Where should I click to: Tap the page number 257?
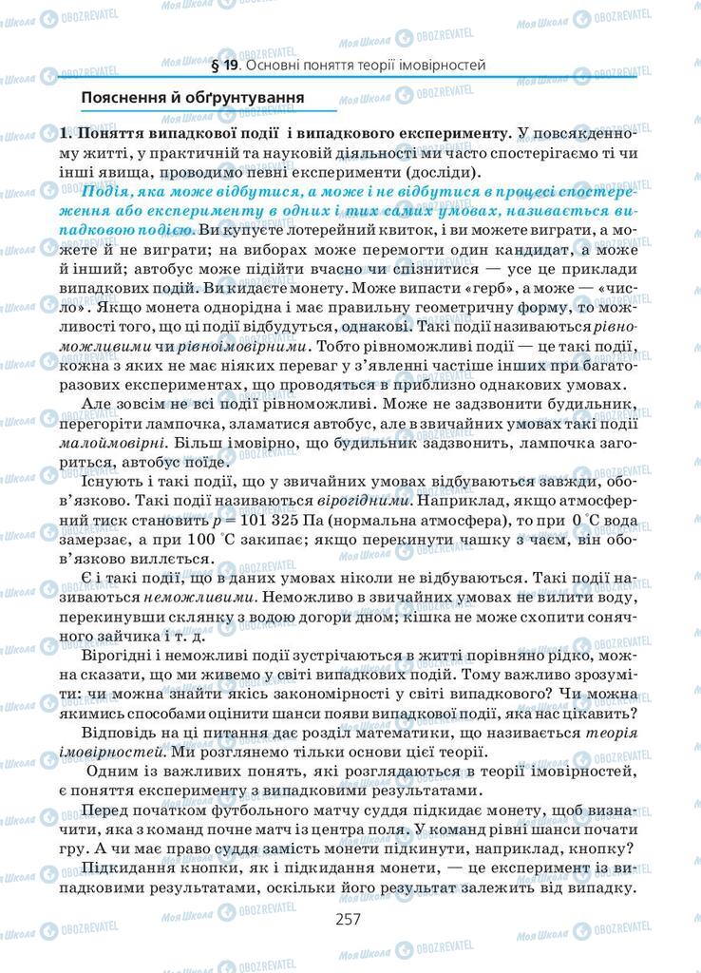coord(350,920)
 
